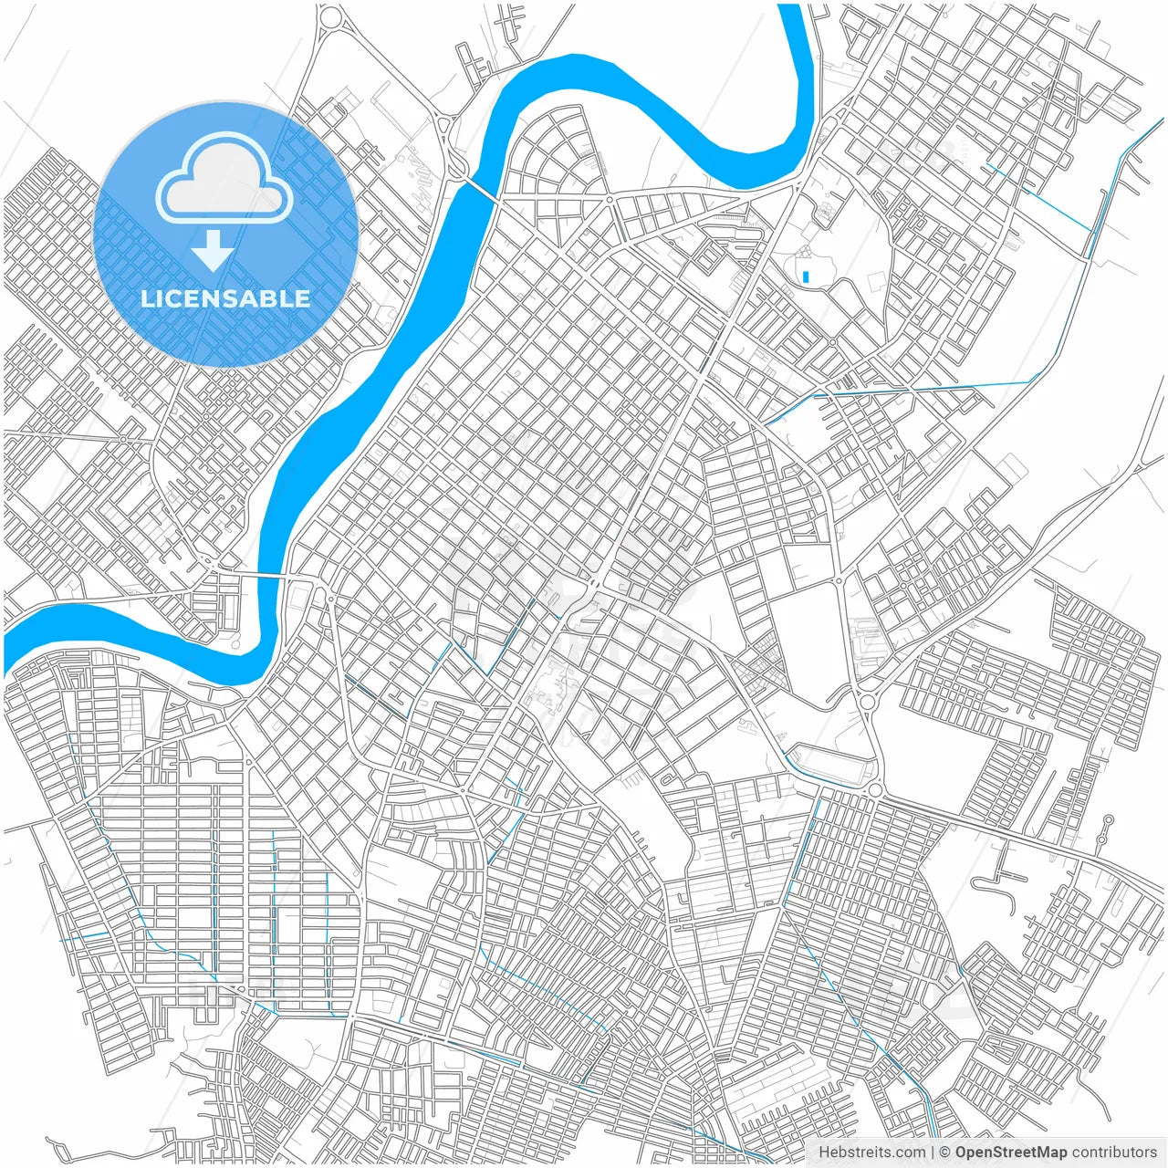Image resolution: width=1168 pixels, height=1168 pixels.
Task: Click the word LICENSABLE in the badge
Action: (x=225, y=298)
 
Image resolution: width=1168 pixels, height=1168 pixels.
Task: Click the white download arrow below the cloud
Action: (x=213, y=251)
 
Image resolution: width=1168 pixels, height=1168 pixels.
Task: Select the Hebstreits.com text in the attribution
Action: (x=871, y=1152)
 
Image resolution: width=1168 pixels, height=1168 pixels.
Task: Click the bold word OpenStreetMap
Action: (x=1010, y=1152)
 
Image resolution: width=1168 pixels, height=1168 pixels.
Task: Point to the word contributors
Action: (x=1114, y=1152)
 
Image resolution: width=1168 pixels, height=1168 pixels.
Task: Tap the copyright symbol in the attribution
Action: (x=945, y=1152)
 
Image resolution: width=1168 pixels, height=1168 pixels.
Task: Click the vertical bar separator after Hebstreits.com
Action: (x=933, y=1152)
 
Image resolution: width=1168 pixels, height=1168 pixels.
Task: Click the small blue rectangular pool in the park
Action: (x=806, y=276)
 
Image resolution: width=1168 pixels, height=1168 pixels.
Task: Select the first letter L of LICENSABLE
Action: (x=146, y=298)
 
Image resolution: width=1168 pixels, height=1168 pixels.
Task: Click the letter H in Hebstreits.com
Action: (x=824, y=1152)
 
